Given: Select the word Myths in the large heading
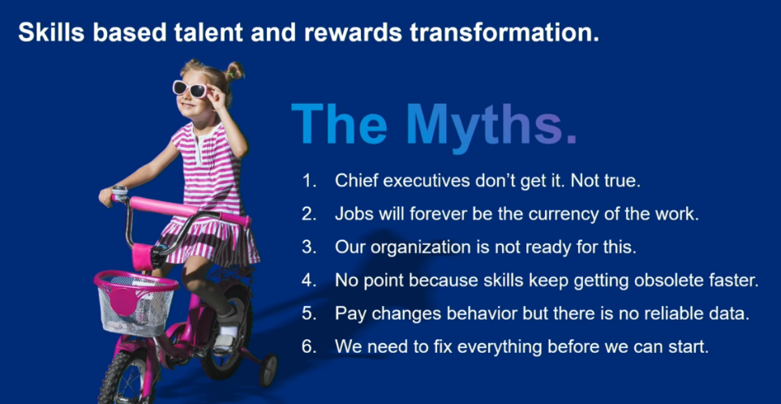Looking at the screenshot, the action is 491,124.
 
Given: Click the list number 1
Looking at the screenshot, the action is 309,181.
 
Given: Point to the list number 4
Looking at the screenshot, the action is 309,281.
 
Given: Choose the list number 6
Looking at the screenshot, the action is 309,346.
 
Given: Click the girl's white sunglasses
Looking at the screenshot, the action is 191,88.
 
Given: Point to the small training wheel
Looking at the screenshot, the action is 268,370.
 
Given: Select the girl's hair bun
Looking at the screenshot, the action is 234,71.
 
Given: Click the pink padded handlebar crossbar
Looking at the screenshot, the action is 188,209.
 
